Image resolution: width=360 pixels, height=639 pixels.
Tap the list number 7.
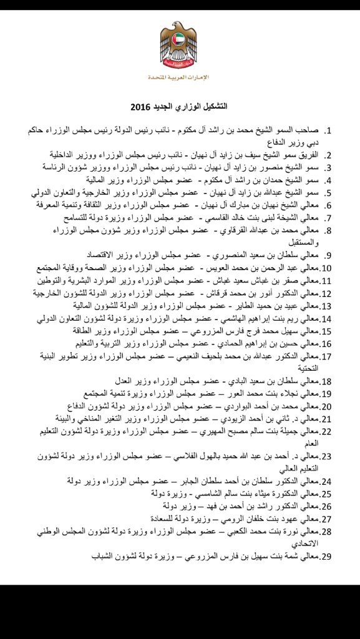tap(331, 218)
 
